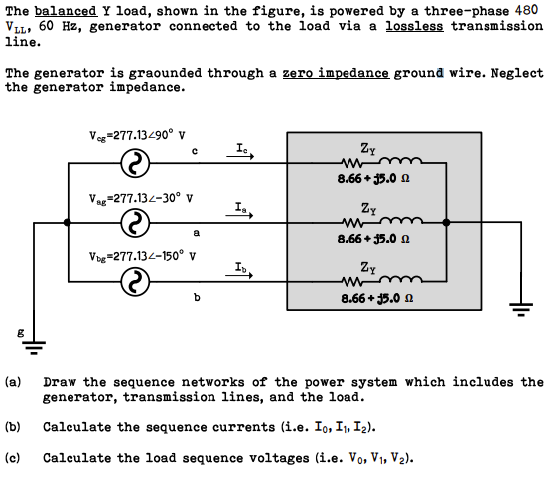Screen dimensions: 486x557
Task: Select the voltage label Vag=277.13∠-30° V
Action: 138,198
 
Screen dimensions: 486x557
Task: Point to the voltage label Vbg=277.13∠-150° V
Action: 141,255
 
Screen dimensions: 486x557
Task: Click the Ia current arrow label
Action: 242,208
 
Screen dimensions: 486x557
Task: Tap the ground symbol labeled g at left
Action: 34,348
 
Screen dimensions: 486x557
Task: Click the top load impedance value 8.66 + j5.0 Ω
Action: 368,178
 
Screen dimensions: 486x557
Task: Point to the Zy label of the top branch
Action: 368,150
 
